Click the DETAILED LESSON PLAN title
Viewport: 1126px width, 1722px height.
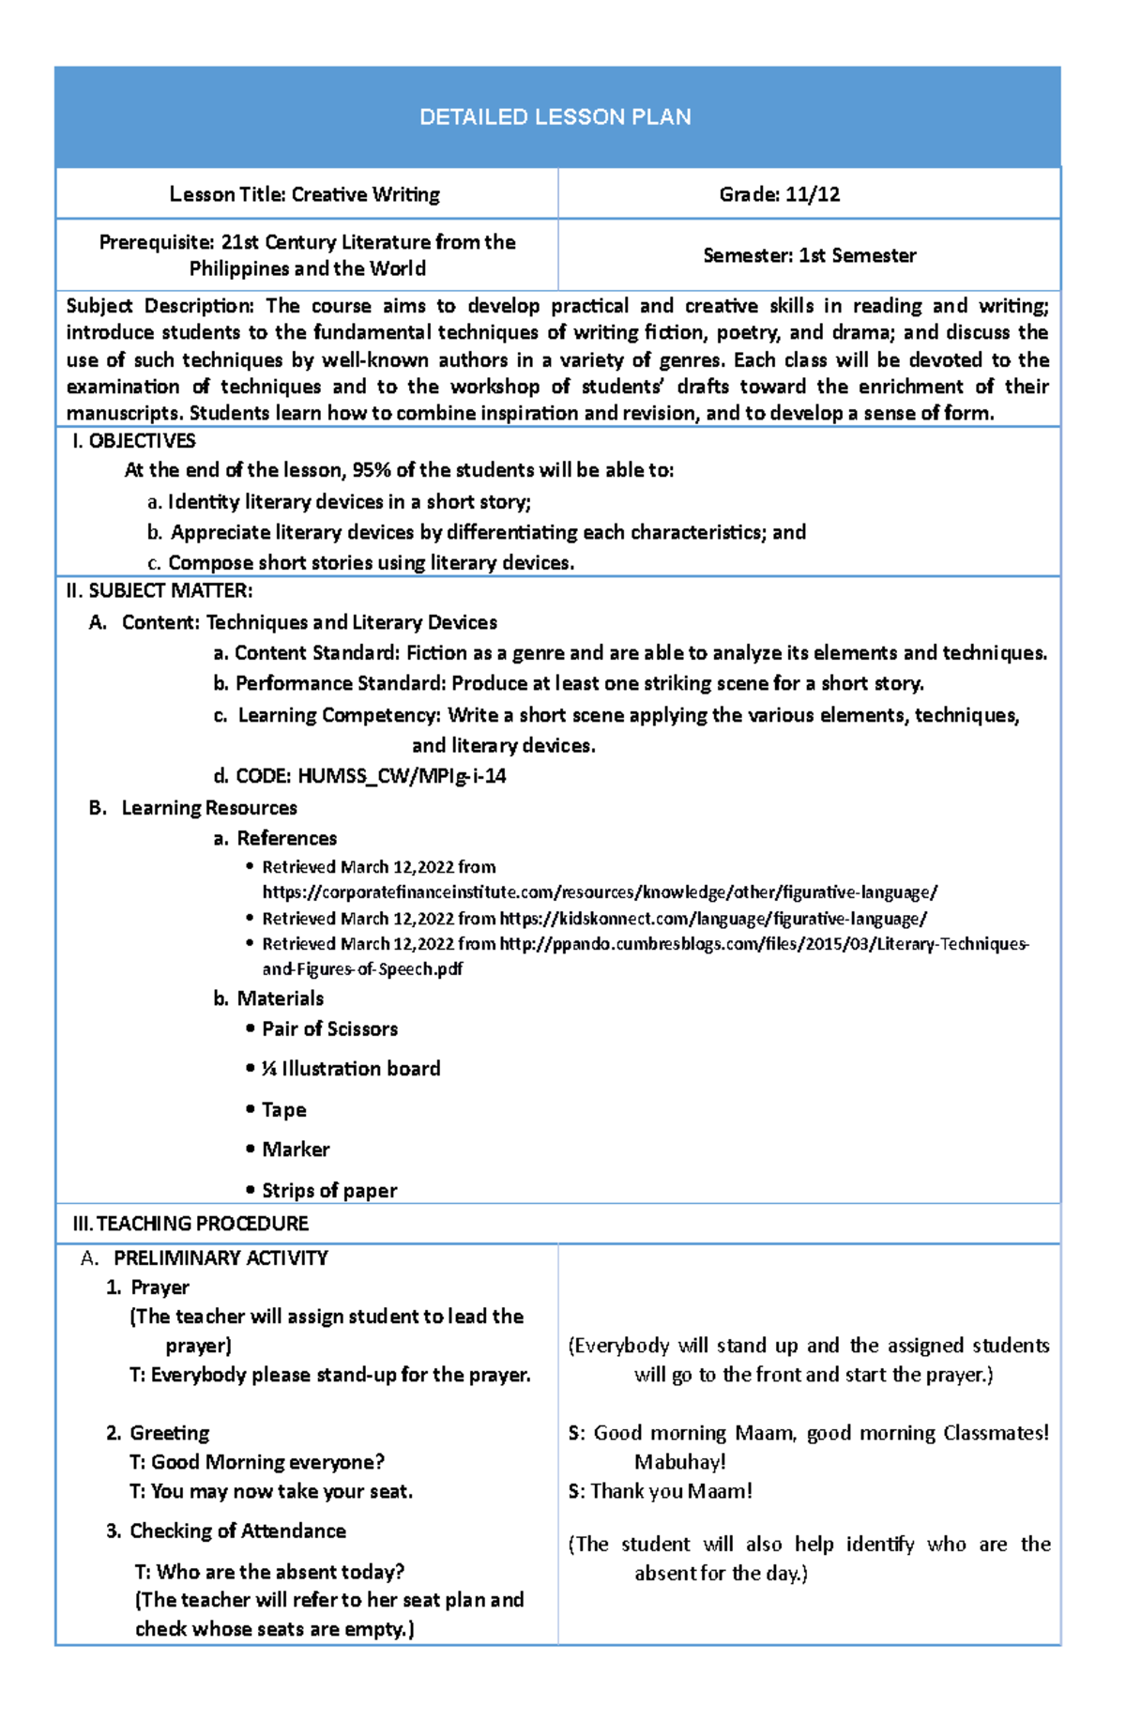tap(555, 117)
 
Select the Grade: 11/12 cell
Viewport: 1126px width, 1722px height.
tap(779, 194)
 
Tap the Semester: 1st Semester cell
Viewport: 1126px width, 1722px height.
tap(809, 255)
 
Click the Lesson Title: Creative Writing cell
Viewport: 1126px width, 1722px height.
tap(304, 194)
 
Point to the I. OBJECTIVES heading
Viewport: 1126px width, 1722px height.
tap(133, 441)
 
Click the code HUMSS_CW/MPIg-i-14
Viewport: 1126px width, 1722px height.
tap(402, 776)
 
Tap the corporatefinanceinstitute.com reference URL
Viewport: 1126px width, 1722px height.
tap(599, 892)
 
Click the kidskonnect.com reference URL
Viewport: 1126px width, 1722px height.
tap(712, 919)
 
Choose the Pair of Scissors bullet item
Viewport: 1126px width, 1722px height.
tap(329, 1029)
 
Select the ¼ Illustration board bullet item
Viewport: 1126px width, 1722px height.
tap(350, 1069)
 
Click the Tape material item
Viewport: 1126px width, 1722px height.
tap(283, 1110)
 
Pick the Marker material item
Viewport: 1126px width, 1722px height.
tap(296, 1150)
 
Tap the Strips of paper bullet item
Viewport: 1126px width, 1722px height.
tap(329, 1191)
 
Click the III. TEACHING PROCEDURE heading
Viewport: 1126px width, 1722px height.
tap(190, 1224)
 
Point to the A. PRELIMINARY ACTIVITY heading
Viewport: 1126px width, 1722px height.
tap(220, 1258)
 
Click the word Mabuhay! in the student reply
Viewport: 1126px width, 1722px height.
tap(679, 1462)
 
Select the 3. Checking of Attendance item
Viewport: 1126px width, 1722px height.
tap(236, 1532)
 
